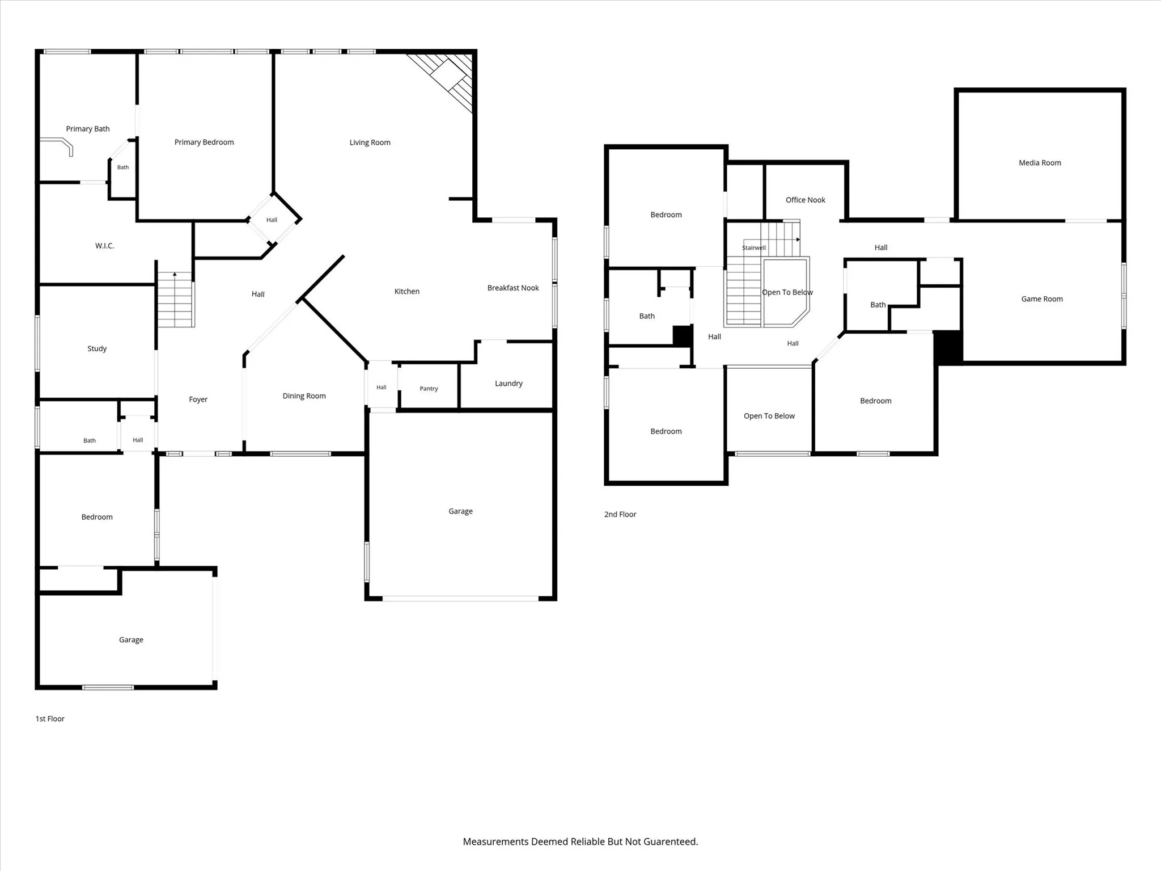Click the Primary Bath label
(x=88, y=129)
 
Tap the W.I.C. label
(x=104, y=246)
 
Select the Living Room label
(x=370, y=142)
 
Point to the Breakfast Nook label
(x=513, y=288)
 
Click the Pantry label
(x=429, y=389)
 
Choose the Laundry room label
(x=509, y=384)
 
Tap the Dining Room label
(x=304, y=396)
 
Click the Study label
(x=97, y=348)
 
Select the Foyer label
(x=198, y=399)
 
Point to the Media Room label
(x=1040, y=163)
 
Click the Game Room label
(x=1042, y=299)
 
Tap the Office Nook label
(x=806, y=200)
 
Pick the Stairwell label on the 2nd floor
(x=754, y=248)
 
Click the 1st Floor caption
(x=50, y=719)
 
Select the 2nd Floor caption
(x=620, y=515)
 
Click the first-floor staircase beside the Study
(x=176, y=299)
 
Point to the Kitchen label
(x=407, y=292)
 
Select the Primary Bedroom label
(x=204, y=142)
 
